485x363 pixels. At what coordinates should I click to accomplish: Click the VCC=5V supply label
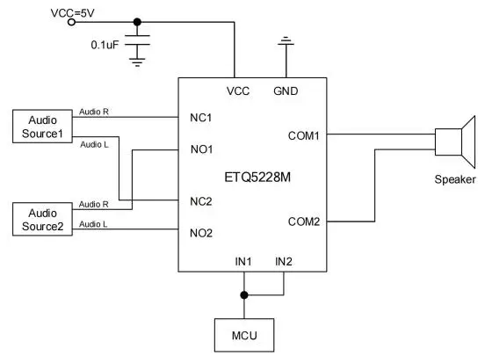click(x=72, y=13)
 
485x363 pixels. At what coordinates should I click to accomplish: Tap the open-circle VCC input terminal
click(x=72, y=22)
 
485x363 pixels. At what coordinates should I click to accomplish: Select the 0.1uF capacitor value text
click(x=105, y=45)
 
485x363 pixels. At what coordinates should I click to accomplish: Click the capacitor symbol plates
click(x=137, y=40)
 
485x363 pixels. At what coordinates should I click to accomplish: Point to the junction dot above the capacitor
click(x=137, y=22)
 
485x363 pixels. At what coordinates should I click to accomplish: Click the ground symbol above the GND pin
click(x=286, y=41)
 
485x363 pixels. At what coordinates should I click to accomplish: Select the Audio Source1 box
click(x=42, y=127)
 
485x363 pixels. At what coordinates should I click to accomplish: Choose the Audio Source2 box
click(x=42, y=220)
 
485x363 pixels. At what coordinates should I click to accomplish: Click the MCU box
click(x=244, y=335)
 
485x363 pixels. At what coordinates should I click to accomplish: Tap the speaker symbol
click(x=455, y=142)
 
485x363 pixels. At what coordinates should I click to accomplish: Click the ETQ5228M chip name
click(x=257, y=178)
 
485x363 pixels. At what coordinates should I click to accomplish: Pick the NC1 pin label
click(x=200, y=118)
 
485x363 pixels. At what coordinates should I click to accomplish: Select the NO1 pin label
click(x=202, y=149)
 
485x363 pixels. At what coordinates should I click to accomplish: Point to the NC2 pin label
click(x=201, y=201)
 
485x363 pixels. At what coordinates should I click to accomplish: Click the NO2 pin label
click(x=201, y=233)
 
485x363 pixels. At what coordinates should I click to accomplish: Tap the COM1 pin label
click(x=303, y=136)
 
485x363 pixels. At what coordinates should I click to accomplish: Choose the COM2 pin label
click(x=304, y=221)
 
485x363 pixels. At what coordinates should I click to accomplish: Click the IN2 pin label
click(x=284, y=262)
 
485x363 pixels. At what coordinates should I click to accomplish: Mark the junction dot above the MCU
click(x=244, y=295)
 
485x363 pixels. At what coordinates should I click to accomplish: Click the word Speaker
click(x=455, y=179)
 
